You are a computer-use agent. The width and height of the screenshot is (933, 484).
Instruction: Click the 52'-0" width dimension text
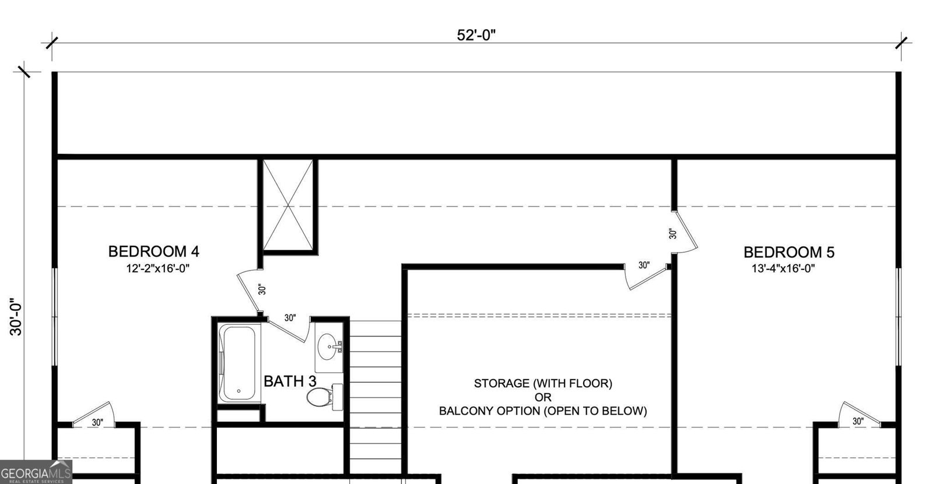pos(476,35)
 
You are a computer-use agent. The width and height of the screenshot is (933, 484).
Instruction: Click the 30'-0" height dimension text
pos(16,317)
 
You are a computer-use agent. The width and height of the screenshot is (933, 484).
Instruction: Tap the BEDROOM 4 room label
pos(153,251)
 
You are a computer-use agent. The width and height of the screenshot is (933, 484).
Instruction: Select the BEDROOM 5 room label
pos(788,252)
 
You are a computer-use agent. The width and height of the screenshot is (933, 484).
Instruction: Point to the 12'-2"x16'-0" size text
pos(158,268)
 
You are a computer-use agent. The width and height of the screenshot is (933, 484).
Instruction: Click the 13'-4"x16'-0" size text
pos(783,268)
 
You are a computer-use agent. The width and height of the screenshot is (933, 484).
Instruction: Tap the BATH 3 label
pos(290,381)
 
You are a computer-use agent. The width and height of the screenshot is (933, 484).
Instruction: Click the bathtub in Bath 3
pos(240,363)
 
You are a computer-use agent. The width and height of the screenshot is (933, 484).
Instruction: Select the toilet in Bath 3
pos(318,398)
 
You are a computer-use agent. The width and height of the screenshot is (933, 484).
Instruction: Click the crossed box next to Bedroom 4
pos(288,205)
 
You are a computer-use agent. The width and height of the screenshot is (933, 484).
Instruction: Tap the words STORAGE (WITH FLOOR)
pos(542,384)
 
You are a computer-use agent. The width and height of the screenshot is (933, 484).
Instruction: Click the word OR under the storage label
pos(542,398)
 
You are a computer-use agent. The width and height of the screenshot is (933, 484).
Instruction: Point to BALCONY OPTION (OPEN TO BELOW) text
pos(542,411)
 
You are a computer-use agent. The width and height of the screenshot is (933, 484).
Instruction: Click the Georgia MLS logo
pos(36,472)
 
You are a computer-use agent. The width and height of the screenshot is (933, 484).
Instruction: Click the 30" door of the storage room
pos(644,274)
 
